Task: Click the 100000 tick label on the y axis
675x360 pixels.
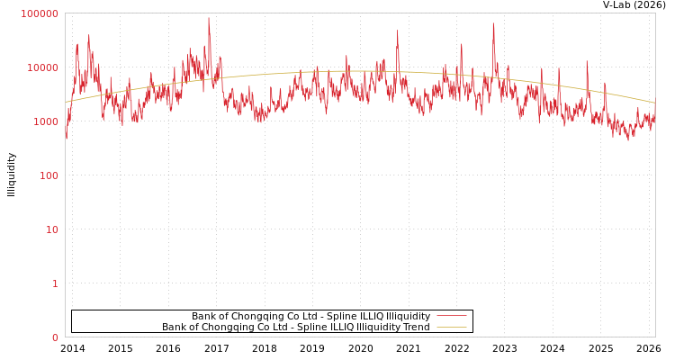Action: pos(40,13)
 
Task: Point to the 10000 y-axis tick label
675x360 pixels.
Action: pos(42,67)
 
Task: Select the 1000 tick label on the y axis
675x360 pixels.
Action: pos(45,121)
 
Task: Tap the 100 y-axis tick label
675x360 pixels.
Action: pos(48,175)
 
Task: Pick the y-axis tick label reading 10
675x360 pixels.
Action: pos(51,229)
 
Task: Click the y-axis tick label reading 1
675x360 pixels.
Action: pos(54,283)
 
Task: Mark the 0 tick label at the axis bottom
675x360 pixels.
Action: pos(54,337)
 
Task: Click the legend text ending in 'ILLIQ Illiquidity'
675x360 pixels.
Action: pos(310,317)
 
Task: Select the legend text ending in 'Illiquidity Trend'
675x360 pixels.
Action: pos(295,328)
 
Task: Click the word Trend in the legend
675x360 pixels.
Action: pos(416,328)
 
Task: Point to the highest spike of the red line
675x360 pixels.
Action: pos(209,19)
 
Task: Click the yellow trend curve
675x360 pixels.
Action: pos(360,71)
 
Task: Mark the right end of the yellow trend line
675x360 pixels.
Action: pos(654,103)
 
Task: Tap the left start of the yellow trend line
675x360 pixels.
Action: pos(66,101)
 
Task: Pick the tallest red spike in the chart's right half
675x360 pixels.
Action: pos(493,24)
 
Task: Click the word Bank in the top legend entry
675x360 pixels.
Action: pos(203,317)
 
